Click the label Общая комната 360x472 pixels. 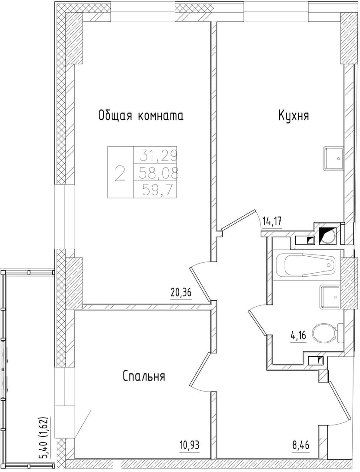coord(140,116)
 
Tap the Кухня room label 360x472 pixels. coord(294,116)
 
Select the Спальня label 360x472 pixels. coord(144,376)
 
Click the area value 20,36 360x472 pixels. coord(181,293)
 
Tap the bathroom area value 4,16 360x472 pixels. coord(298,336)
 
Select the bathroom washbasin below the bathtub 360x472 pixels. coord(330,297)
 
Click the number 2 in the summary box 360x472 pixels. coord(120,173)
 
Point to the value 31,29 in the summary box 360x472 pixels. coord(155,154)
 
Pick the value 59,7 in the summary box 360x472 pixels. coord(155,190)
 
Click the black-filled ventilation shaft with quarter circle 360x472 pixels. coord(327,236)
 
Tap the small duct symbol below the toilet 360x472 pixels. coord(316,360)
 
